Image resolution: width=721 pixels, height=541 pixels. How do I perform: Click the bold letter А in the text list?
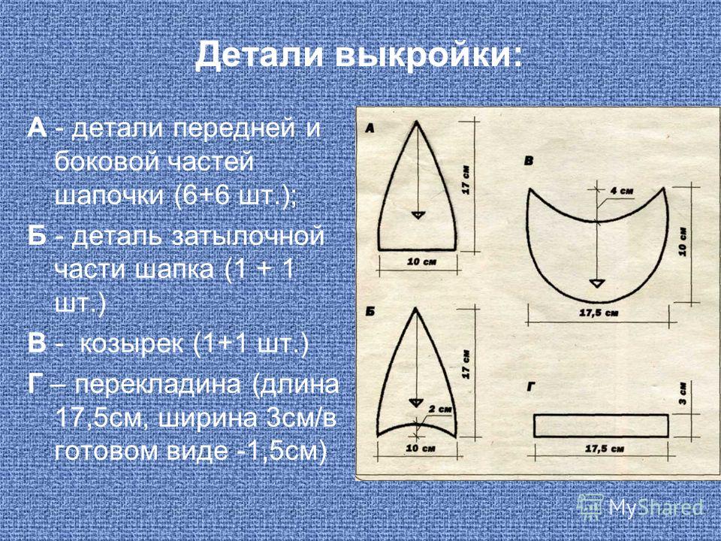tap(37, 128)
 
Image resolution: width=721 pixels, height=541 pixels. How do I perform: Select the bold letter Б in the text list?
tap(36, 237)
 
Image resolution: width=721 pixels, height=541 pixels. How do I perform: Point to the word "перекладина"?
tap(158, 385)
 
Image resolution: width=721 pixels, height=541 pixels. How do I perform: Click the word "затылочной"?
tap(249, 237)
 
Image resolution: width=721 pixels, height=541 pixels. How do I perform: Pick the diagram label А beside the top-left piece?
tap(370, 128)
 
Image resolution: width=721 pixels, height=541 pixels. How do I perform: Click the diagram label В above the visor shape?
tap(528, 161)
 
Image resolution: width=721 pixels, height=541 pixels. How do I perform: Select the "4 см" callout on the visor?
tap(622, 190)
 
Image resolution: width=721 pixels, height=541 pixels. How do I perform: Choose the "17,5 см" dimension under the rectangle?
tap(604, 449)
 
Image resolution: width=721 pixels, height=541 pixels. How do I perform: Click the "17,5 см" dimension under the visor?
tap(599, 313)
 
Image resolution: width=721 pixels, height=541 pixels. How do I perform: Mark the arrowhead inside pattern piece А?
tap(418, 215)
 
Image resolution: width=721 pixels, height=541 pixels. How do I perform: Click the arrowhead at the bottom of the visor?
tap(597, 283)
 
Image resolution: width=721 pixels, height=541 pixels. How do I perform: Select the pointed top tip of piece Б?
tap(416, 308)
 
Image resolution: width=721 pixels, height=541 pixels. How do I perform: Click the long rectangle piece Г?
tap(601, 426)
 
